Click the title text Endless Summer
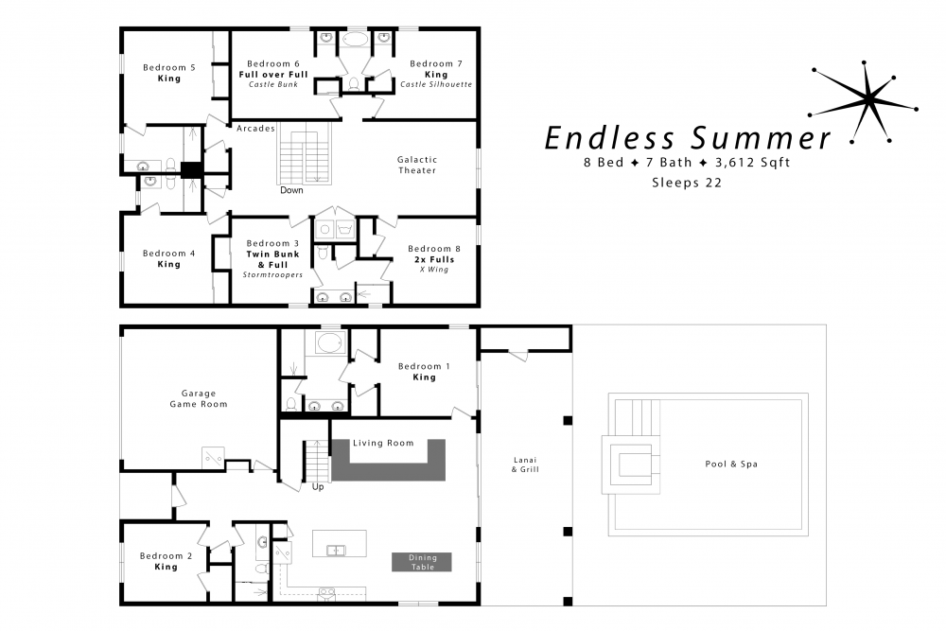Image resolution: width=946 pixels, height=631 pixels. coord(687,138)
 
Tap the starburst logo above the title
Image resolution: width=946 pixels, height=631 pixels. coord(865,98)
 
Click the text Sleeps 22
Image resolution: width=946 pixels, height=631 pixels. coord(686,184)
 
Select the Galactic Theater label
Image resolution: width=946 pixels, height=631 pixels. coord(417,166)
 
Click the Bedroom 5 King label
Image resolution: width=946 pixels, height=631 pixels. coord(168,73)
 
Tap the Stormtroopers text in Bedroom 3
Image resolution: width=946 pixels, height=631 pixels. coord(272,275)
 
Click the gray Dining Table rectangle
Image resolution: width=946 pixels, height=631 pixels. coord(422,562)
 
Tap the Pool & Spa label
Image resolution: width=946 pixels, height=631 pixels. coord(731,464)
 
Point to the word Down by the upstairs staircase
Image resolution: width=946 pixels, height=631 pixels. coord(291,190)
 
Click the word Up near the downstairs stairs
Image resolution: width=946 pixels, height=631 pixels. coord(318,488)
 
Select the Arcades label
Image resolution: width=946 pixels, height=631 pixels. coord(254,129)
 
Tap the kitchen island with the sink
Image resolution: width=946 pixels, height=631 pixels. coord(339,545)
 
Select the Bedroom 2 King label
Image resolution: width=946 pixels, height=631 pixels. coord(166,561)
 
